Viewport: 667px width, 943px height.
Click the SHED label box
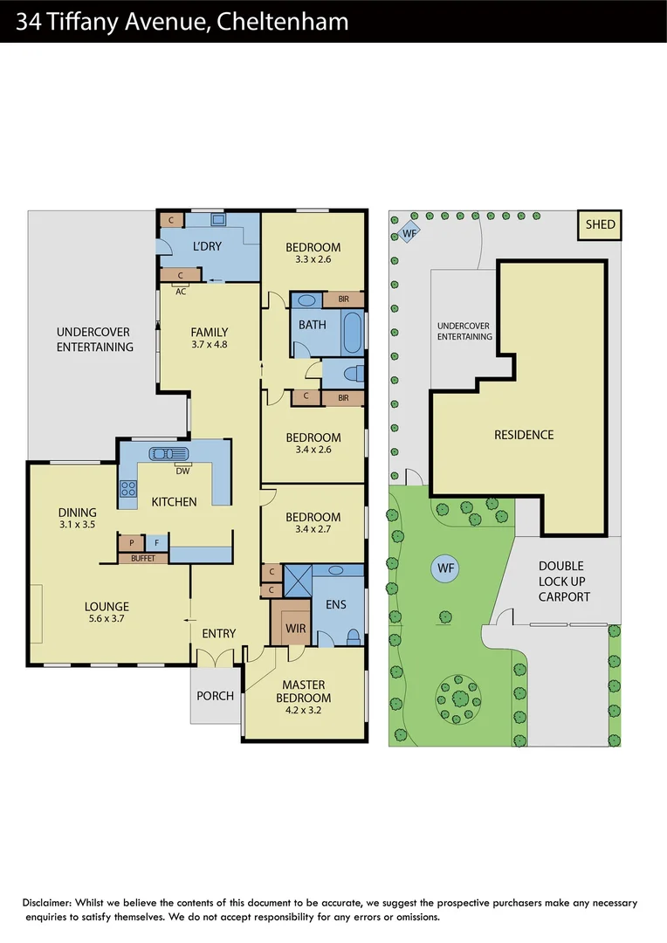click(x=600, y=224)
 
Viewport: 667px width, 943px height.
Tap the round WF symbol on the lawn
click(x=446, y=569)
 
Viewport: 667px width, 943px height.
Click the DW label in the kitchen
click(x=182, y=471)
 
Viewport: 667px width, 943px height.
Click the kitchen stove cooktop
click(x=127, y=490)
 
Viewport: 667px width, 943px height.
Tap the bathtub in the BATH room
click(x=352, y=333)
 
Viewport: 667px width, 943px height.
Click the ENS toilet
click(x=354, y=636)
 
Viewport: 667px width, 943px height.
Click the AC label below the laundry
click(x=181, y=291)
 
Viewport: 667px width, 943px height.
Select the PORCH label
click(x=215, y=696)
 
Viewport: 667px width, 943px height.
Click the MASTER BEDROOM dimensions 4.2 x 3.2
click(x=303, y=711)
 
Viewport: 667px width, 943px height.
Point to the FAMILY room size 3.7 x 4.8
click(x=210, y=344)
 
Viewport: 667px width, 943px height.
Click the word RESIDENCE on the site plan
click(x=524, y=434)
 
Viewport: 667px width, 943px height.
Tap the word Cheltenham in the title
click(x=282, y=22)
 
